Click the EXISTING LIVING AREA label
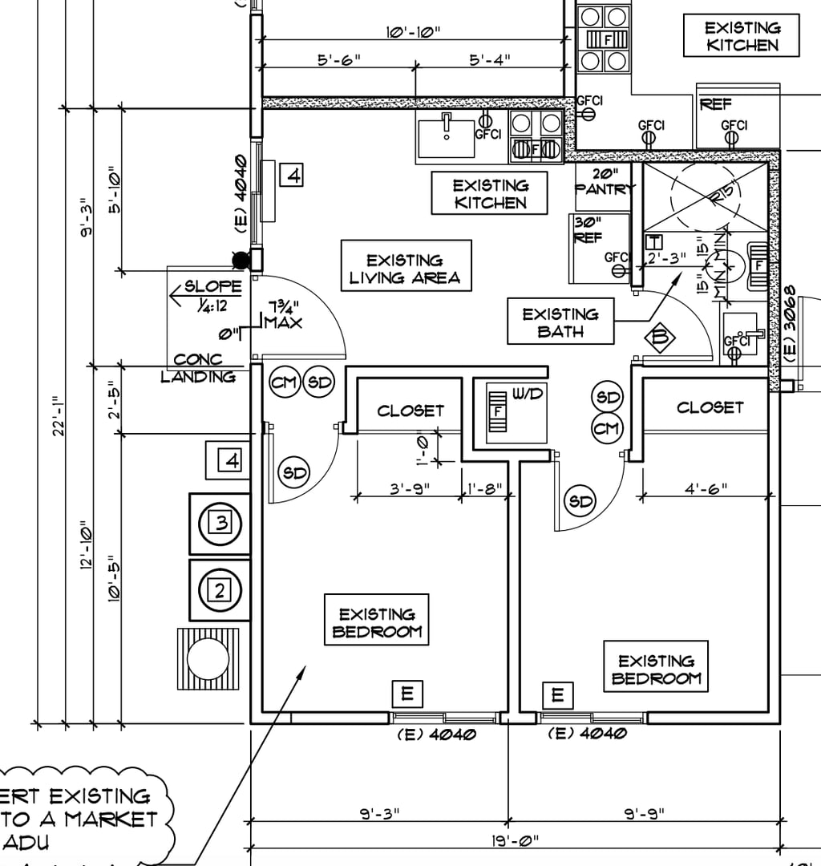(406, 269)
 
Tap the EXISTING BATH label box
(560, 322)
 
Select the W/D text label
(526, 394)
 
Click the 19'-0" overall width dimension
(515, 840)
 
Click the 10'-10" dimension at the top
(414, 32)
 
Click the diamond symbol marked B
(660, 338)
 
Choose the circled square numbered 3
(220, 524)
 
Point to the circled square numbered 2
(220, 591)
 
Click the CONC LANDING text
(198, 368)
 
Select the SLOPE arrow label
(207, 293)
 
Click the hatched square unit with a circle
(208, 658)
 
